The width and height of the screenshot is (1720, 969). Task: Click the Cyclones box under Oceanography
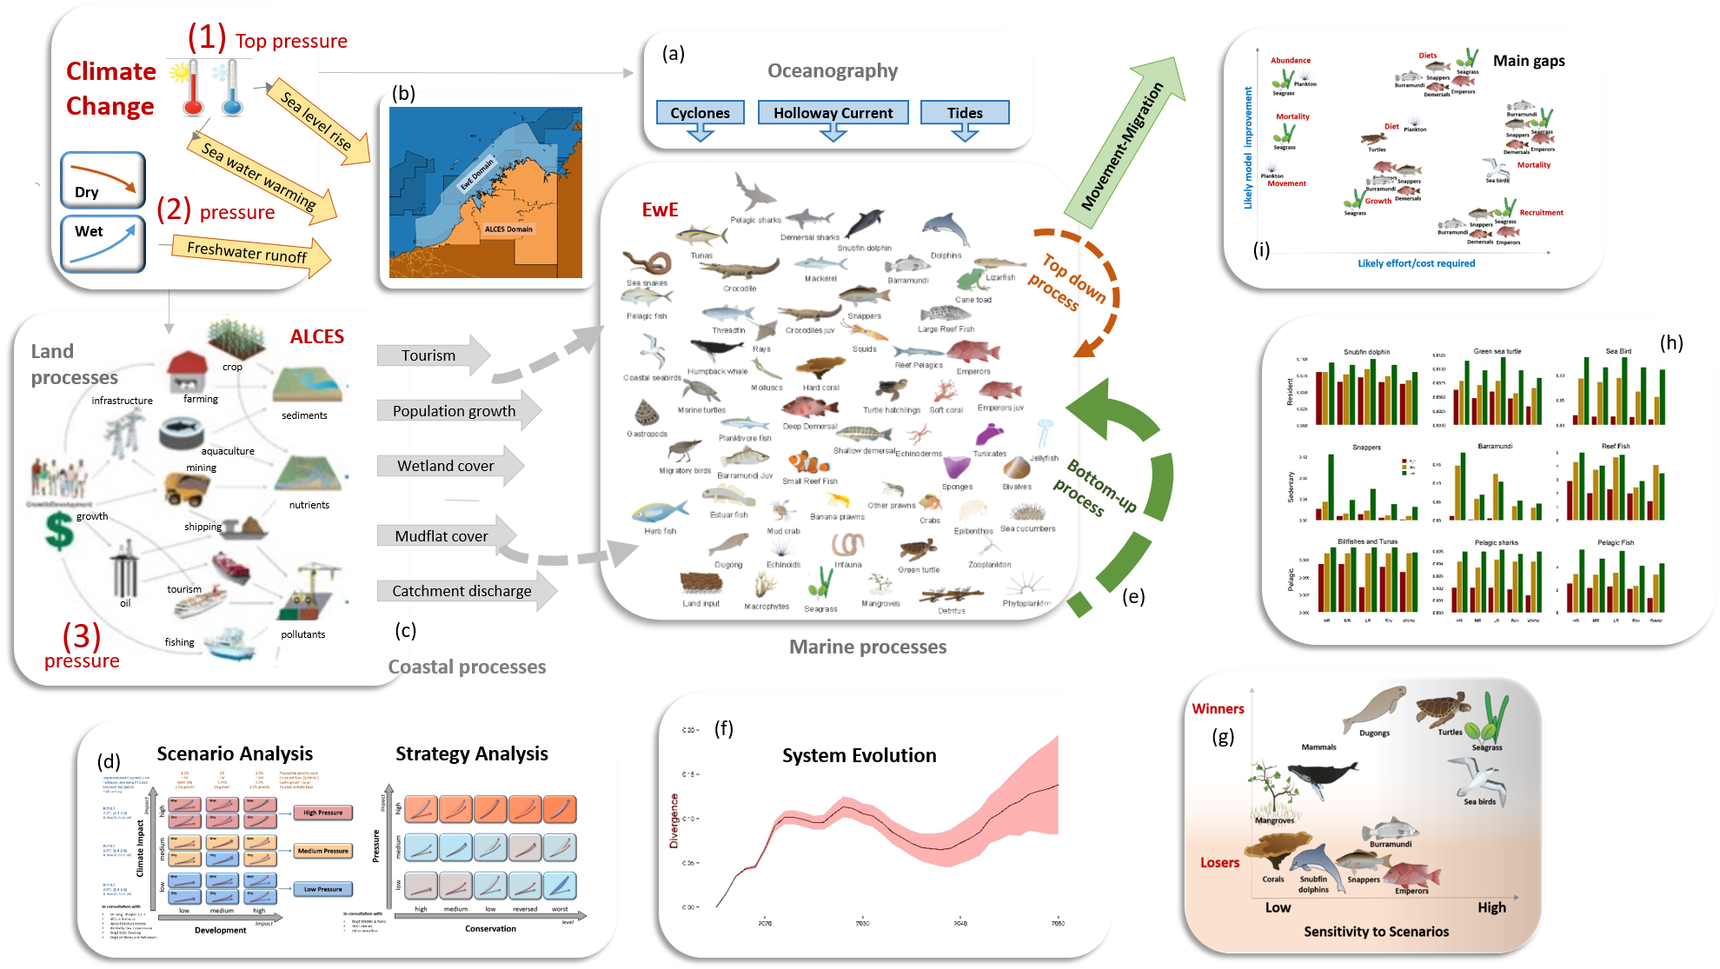700,113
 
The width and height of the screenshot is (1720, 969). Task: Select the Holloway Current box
833,113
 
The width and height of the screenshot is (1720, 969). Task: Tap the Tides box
965,113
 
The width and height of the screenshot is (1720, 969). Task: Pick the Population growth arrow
456,411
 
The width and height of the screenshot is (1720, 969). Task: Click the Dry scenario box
103,180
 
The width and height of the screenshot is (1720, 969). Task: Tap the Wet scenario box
103,242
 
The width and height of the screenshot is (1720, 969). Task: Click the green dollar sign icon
59,529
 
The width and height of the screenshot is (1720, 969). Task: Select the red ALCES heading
317,337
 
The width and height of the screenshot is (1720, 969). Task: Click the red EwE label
660,210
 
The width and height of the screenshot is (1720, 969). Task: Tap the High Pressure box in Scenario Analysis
323,813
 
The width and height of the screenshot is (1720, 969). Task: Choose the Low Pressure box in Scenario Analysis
323,889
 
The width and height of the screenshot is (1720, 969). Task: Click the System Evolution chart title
859,756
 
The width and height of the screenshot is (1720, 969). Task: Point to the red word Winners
1218,709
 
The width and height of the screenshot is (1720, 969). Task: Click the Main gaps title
1529,61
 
